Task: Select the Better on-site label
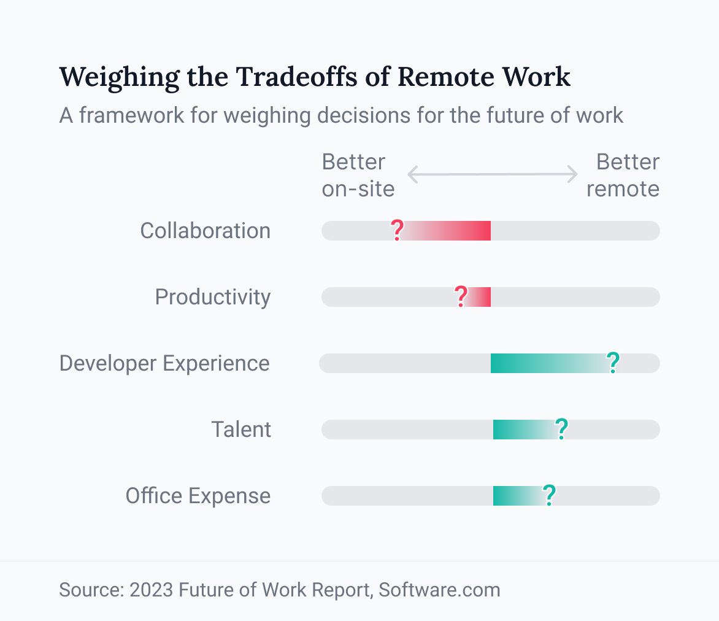tap(358, 175)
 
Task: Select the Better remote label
tap(623, 175)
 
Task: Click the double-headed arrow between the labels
tap(493, 174)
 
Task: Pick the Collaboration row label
tap(205, 231)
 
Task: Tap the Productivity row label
tap(212, 297)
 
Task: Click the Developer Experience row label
tap(164, 363)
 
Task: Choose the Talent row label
tap(241, 430)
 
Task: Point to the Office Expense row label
tap(198, 496)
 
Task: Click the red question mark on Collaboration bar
tap(397, 230)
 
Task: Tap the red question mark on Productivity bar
tap(461, 296)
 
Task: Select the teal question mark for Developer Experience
tap(612, 363)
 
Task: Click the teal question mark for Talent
tap(561, 429)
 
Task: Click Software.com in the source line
tap(439, 590)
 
